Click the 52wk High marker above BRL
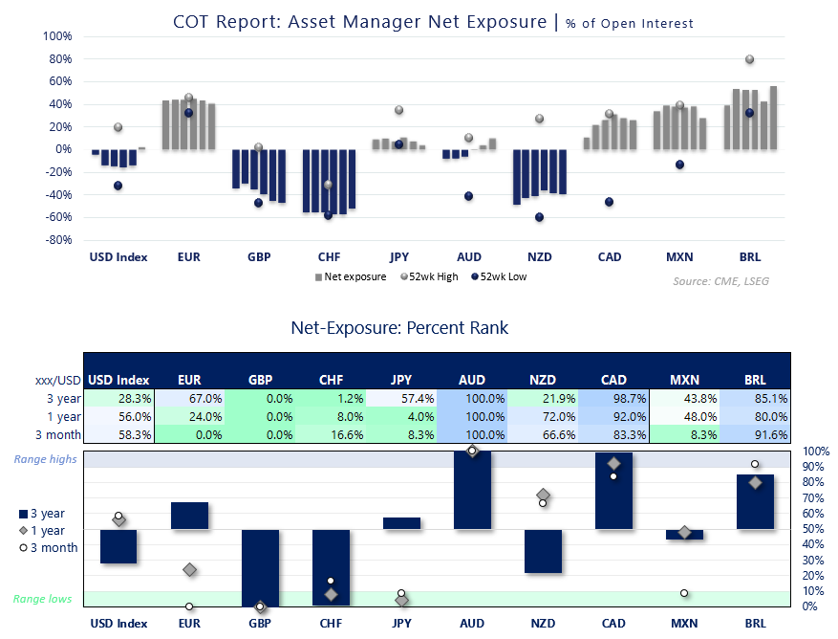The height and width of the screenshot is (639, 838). point(749,59)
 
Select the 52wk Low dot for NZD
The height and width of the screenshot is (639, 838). point(539,217)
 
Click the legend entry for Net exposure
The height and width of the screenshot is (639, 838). point(350,277)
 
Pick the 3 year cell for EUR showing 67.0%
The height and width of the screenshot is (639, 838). point(189,398)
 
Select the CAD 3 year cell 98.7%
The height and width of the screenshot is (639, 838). point(613,398)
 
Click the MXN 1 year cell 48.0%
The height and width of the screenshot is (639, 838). point(684,416)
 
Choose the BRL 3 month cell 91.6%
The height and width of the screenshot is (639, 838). point(755,434)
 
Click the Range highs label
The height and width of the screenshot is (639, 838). point(45,460)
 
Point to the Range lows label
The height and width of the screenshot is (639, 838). point(44,599)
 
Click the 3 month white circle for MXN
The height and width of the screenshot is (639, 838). point(684,593)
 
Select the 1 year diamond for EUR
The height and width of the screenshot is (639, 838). point(189,570)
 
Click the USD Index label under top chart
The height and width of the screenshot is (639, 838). point(118,256)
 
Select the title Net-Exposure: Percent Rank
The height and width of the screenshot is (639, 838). point(399,328)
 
